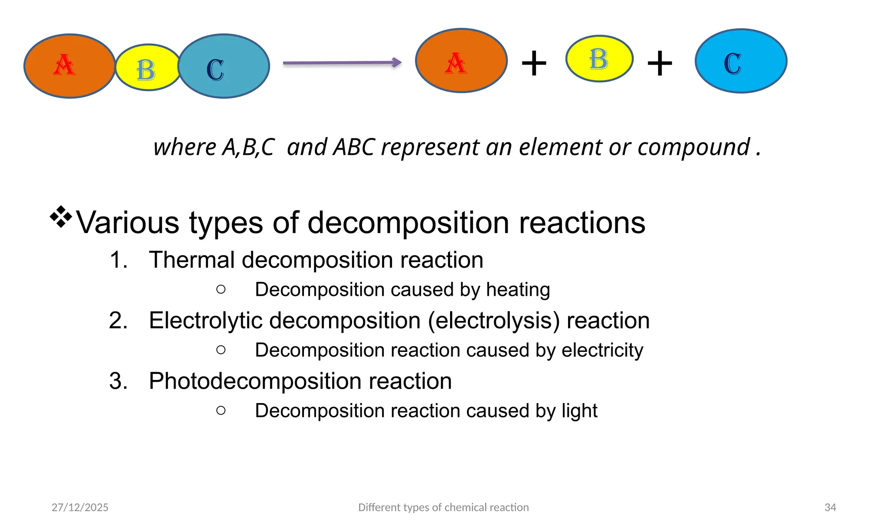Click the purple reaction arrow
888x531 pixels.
pyautogui.click(x=342, y=63)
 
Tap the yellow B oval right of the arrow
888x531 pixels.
pyautogui.click(x=599, y=59)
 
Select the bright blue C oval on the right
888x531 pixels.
pyautogui.click(x=741, y=61)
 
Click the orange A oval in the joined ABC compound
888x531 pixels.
pyautogui.click(x=69, y=66)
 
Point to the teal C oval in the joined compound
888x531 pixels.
pyautogui.click(x=224, y=66)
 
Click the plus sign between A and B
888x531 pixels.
pyautogui.click(x=534, y=63)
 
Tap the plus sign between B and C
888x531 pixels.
pyautogui.click(x=659, y=63)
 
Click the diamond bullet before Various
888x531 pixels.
pyautogui.click(x=61, y=216)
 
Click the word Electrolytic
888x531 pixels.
pyautogui.click(x=206, y=321)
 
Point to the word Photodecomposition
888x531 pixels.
pyautogui.click(x=255, y=381)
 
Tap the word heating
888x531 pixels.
pyautogui.click(x=518, y=290)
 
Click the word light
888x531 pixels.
pyautogui.click(x=579, y=411)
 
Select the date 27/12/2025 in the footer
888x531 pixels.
pyautogui.click(x=80, y=508)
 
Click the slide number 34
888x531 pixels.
pyautogui.click(x=830, y=508)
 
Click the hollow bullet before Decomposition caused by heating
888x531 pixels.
pyautogui.click(x=221, y=289)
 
